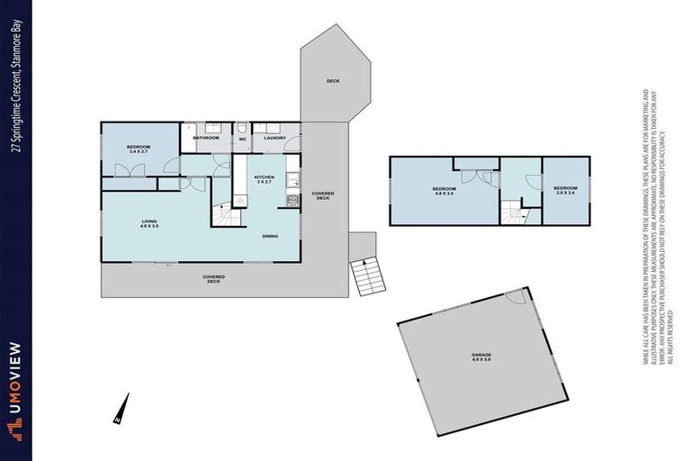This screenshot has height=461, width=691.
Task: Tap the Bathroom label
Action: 206,138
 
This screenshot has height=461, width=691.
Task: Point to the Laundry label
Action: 274,138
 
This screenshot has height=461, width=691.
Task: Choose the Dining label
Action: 270,236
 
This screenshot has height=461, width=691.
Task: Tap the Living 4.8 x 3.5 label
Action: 149,224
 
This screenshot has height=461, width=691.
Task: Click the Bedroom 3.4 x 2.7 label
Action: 138,149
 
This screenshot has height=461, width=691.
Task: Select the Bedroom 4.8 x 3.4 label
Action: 445,192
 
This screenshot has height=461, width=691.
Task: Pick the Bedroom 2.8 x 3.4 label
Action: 563,190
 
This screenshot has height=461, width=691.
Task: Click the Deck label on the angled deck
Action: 333,81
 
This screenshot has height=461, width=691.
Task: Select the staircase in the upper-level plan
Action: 515,212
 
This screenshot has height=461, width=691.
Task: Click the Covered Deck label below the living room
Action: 213,278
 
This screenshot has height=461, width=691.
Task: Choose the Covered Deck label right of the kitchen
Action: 322,195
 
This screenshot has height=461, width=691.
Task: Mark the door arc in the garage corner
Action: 515,295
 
